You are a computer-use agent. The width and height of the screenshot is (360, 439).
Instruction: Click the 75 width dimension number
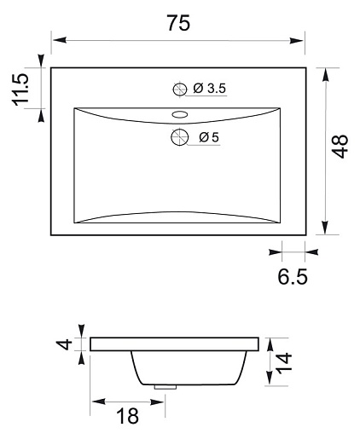tap(178, 23)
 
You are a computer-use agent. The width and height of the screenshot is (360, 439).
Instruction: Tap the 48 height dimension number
tap(340, 147)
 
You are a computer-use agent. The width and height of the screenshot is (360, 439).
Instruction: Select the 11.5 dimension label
tap(20, 90)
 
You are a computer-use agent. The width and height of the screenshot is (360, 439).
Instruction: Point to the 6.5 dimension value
tap(293, 276)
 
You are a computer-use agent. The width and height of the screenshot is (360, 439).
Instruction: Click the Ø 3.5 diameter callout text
tap(210, 89)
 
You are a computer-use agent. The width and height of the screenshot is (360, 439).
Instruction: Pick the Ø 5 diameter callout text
tap(209, 137)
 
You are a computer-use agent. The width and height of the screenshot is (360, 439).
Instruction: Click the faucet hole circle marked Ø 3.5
tap(180, 90)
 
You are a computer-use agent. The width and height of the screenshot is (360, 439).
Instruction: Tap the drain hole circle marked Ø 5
tap(179, 137)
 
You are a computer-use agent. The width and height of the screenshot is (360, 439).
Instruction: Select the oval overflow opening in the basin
tap(180, 114)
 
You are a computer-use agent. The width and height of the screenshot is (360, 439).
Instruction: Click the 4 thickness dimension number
tap(65, 344)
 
